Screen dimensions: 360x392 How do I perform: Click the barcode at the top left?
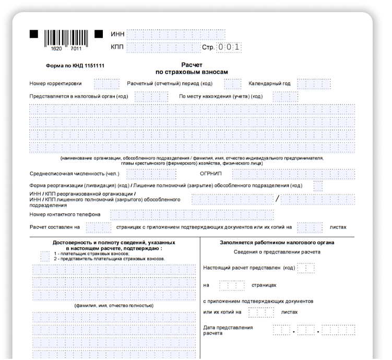tap(66, 37)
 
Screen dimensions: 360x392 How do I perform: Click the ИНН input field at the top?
tap(175, 34)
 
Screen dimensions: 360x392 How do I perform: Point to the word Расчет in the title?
tap(192, 64)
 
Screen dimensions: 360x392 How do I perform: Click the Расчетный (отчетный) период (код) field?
tap(232, 84)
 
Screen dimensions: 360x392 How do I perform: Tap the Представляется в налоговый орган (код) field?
tap(151, 97)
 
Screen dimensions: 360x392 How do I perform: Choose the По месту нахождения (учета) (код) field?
tap(285, 97)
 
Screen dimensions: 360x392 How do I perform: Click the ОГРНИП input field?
tap(293, 174)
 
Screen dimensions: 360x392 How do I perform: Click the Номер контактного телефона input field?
tap(192, 214)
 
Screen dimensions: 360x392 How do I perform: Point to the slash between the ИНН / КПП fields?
tap(277, 199)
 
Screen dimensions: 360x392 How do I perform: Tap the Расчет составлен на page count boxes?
tap(98, 227)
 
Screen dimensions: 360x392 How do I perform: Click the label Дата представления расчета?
tap(228, 330)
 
